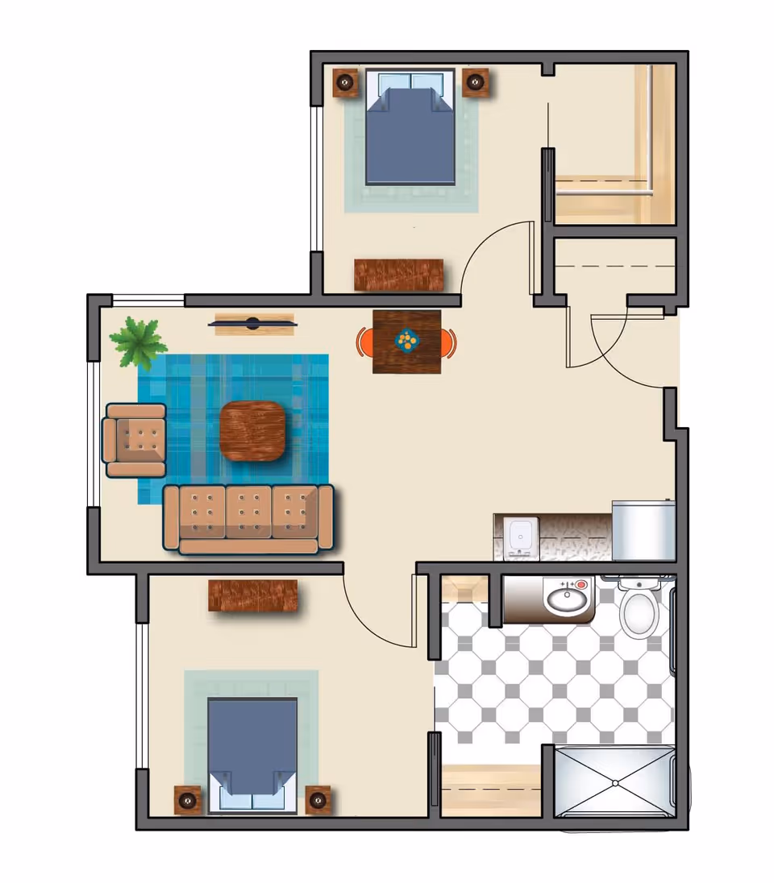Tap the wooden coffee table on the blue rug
[x=252, y=431]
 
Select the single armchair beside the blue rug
[x=135, y=440]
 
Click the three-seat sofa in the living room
[x=248, y=518]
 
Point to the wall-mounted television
[x=253, y=324]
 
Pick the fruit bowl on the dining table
[x=407, y=341]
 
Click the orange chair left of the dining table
[x=364, y=342]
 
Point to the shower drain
[x=614, y=782]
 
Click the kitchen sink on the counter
[x=518, y=536]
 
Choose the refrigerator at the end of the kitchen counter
[x=643, y=530]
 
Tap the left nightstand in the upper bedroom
[x=346, y=81]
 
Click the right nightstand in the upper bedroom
[x=476, y=81]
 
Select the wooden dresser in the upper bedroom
[x=399, y=275]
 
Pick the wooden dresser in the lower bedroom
[x=253, y=595]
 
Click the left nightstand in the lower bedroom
[x=188, y=799]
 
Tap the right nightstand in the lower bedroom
[x=318, y=799]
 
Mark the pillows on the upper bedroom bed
[x=410, y=82]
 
